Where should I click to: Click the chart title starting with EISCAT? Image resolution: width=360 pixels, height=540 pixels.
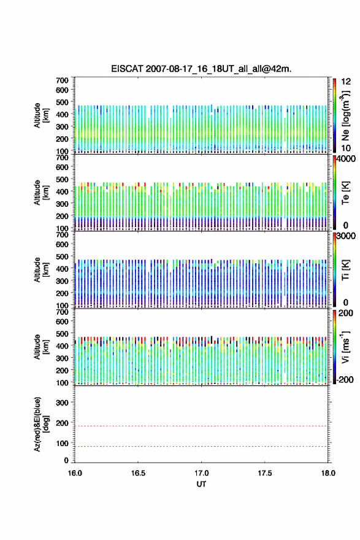(x=201, y=69)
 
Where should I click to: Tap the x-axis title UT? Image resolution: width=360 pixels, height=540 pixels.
(x=201, y=484)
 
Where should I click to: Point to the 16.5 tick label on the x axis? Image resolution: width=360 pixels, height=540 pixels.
(x=138, y=473)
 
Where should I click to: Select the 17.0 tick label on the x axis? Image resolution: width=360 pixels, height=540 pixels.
(x=201, y=473)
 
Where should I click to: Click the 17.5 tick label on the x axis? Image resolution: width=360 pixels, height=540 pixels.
(x=265, y=473)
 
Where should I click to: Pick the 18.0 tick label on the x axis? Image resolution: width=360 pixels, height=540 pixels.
(x=328, y=473)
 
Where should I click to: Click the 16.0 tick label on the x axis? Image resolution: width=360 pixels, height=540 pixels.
(x=75, y=473)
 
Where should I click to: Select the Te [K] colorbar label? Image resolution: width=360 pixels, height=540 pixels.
(x=345, y=193)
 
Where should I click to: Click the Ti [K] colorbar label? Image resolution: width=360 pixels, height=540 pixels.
(x=345, y=270)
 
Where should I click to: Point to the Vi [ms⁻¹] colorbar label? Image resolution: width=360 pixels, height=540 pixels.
(x=345, y=347)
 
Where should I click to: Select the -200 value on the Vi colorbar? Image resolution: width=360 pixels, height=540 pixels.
(x=345, y=379)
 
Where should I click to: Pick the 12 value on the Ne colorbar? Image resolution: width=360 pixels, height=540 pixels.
(x=347, y=82)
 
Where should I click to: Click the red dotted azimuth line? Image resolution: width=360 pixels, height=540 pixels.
(x=201, y=426)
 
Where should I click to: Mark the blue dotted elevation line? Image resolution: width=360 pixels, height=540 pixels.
(x=201, y=446)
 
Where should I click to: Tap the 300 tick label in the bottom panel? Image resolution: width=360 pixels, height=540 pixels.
(x=62, y=403)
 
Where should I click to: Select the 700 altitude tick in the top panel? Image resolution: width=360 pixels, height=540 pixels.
(x=62, y=80)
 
